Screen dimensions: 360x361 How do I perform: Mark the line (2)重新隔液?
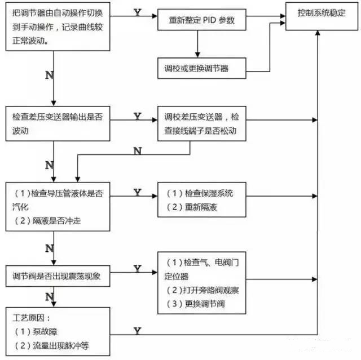tap(192, 207)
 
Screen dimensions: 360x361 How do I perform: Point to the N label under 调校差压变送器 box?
tap(137, 150)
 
